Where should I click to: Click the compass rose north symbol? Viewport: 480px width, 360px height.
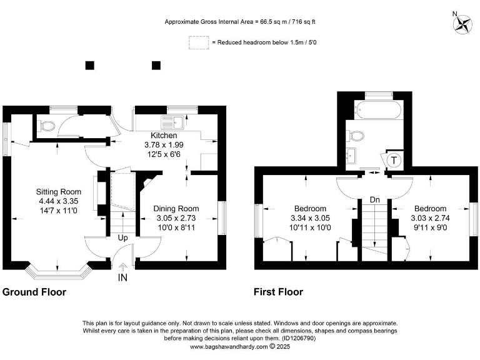(462, 24)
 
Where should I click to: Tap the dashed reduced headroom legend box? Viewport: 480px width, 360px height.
(199, 42)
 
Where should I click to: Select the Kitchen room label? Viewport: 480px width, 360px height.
(164, 135)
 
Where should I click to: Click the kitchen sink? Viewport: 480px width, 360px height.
(172, 122)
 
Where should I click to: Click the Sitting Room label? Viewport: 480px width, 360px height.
(59, 192)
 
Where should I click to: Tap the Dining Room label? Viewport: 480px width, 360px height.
(176, 209)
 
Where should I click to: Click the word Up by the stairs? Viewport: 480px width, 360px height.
(122, 238)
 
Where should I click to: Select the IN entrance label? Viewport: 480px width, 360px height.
(122, 277)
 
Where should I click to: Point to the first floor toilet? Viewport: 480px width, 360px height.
(355, 136)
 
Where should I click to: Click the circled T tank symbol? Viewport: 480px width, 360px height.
(394, 161)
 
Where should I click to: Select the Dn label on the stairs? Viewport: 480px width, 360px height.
(375, 200)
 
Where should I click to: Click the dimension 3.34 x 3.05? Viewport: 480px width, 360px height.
(310, 218)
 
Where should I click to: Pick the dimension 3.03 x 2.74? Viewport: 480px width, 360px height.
(430, 218)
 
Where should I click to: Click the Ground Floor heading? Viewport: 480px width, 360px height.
(34, 292)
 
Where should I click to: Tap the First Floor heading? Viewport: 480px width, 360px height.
(278, 292)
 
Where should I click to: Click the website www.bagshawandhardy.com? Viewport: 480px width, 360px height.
(229, 347)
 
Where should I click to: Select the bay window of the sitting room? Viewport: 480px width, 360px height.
(58, 272)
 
